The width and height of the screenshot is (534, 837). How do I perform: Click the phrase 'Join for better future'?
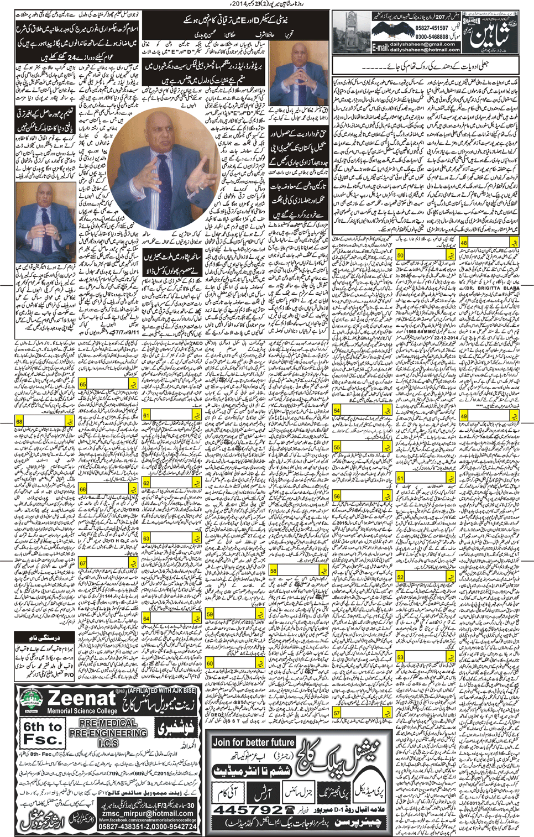[x=254, y=742]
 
